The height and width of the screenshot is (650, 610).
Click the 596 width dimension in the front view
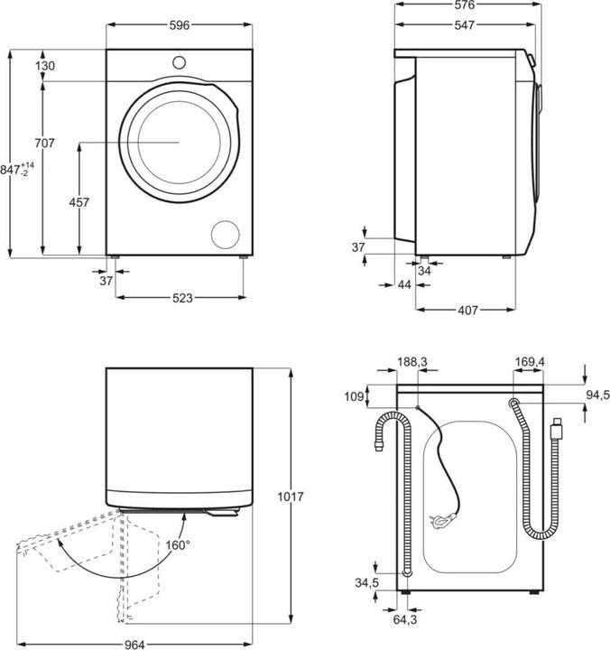[x=180, y=25]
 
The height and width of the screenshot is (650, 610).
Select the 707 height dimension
[x=44, y=143]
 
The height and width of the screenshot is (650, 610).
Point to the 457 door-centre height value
[x=79, y=202]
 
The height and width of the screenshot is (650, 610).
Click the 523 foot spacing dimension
[x=182, y=298]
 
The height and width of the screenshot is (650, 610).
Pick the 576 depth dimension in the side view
[x=464, y=5]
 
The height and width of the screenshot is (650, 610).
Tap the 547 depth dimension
[x=464, y=25]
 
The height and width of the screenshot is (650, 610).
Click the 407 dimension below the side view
[x=467, y=310]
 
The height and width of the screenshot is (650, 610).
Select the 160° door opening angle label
[x=178, y=545]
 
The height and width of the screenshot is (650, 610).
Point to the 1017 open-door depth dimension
[x=291, y=497]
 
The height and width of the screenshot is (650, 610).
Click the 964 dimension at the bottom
[x=134, y=645]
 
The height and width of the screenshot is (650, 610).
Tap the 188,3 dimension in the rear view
[x=412, y=362]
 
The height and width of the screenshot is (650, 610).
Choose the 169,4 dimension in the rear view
[x=530, y=362]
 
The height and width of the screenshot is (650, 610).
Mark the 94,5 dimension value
[x=597, y=395]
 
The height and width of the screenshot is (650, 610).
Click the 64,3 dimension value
[x=405, y=619]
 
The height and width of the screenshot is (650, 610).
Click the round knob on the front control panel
[x=179, y=62]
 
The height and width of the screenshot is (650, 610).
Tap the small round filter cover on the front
[x=225, y=235]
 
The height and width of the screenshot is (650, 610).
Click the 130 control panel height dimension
[x=45, y=66]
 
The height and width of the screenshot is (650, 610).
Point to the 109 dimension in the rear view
[x=355, y=396]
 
